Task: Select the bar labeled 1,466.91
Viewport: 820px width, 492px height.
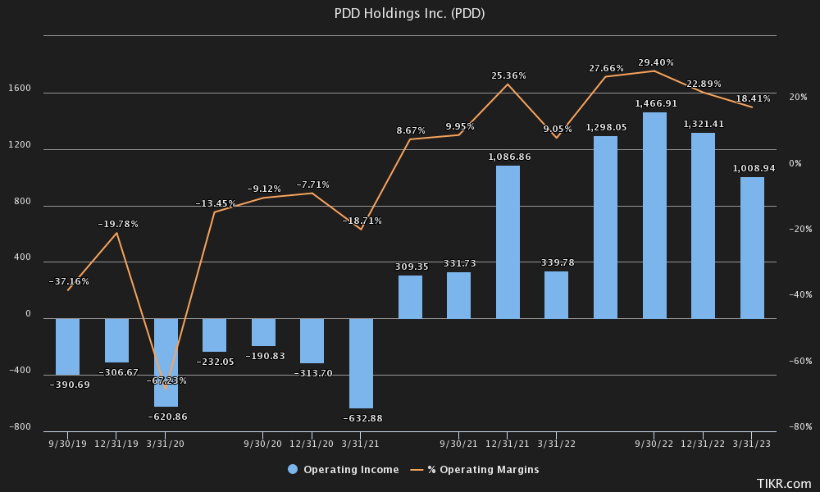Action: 654,216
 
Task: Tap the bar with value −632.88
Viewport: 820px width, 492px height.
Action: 361,363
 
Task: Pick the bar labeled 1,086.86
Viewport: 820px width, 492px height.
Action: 508,242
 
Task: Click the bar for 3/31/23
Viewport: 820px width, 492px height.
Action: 752,248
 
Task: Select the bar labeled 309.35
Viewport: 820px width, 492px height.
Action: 410,297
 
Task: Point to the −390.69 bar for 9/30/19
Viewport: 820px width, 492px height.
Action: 67,347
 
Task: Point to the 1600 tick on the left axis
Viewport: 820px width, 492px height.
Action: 20,89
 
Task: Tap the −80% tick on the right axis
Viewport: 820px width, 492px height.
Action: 799,427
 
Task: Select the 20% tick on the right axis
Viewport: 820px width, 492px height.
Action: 796,98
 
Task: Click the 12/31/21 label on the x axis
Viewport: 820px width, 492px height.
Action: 508,444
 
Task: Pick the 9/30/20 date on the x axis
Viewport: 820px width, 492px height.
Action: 263,444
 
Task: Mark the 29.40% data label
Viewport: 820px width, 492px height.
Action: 655,61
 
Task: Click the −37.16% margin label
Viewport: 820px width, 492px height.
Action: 69,281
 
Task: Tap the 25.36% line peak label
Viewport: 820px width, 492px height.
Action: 508,75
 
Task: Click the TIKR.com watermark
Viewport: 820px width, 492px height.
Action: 783,484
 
